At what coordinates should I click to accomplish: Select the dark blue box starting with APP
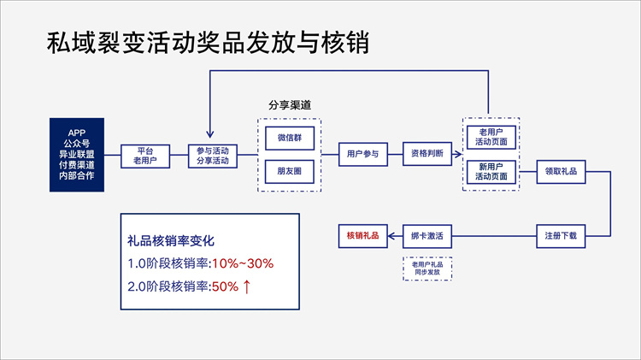(x=77, y=153)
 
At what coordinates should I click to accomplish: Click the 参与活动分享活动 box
(x=213, y=155)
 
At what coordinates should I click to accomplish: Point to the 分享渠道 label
(x=290, y=105)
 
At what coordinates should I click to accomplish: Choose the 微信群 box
(x=290, y=137)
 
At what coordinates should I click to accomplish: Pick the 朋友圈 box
(x=290, y=171)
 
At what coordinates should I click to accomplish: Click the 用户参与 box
(x=362, y=155)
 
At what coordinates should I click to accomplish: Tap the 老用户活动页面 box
(x=491, y=137)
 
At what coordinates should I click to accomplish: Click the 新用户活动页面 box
(x=491, y=171)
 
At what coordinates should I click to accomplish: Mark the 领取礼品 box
(x=562, y=171)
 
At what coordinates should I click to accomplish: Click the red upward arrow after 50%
(x=246, y=286)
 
